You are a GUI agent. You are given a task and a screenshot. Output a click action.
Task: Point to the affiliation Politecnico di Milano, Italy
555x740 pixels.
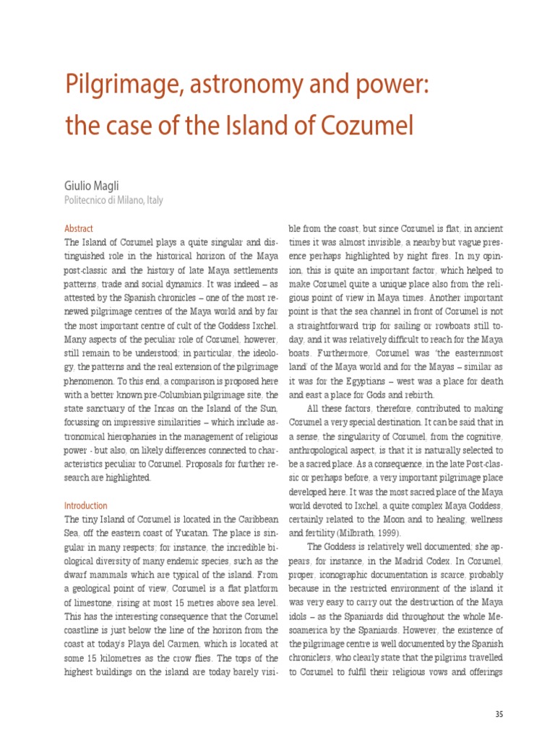coord(113,200)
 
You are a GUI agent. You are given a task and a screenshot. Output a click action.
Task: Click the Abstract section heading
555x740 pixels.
coord(79,228)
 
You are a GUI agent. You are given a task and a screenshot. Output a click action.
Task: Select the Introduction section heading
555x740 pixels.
coord(86,506)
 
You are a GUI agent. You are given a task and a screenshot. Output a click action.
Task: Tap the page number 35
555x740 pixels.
coord(499,715)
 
